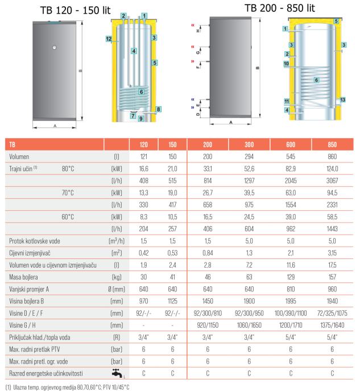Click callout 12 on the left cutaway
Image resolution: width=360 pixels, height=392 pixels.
(x=109, y=39)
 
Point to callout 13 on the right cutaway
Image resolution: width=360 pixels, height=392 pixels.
(x=342, y=100)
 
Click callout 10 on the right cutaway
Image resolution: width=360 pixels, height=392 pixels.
(x=286, y=64)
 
